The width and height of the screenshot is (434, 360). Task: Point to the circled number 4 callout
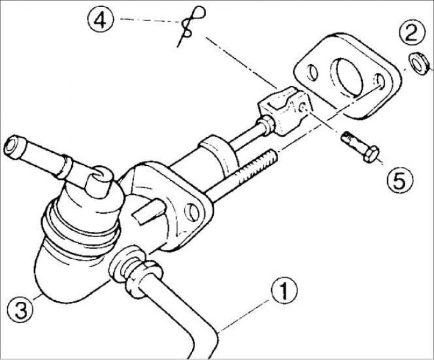(100, 19)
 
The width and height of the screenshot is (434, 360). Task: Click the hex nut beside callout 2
(418, 63)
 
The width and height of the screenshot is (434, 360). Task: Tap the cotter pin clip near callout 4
(191, 26)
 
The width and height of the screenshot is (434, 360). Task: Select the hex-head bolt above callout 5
(359, 147)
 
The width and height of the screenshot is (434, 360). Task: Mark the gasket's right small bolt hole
(379, 81)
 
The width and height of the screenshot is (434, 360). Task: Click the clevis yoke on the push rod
(285, 110)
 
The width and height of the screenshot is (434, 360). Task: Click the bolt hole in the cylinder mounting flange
(192, 211)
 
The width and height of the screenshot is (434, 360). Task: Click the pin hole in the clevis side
(302, 107)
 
